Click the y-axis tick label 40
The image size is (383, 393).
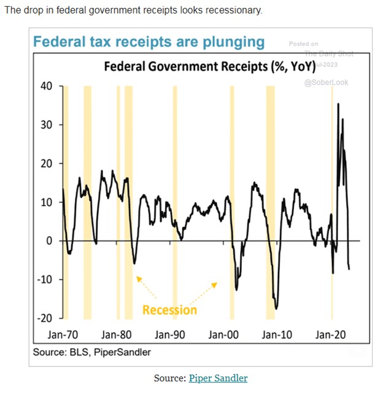coord(47,85)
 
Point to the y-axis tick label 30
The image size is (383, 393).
coord(47,124)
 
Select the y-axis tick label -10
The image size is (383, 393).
coord(45,279)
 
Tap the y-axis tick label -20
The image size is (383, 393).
coord(45,318)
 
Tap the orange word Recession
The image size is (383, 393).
coord(169,309)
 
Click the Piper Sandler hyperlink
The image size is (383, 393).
coord(218,378)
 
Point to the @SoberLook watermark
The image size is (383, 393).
coord(326,82)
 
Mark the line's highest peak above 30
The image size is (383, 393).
coord(338,104)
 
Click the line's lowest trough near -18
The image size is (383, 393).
coord(277,309)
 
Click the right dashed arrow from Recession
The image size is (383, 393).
coord(204,293)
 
